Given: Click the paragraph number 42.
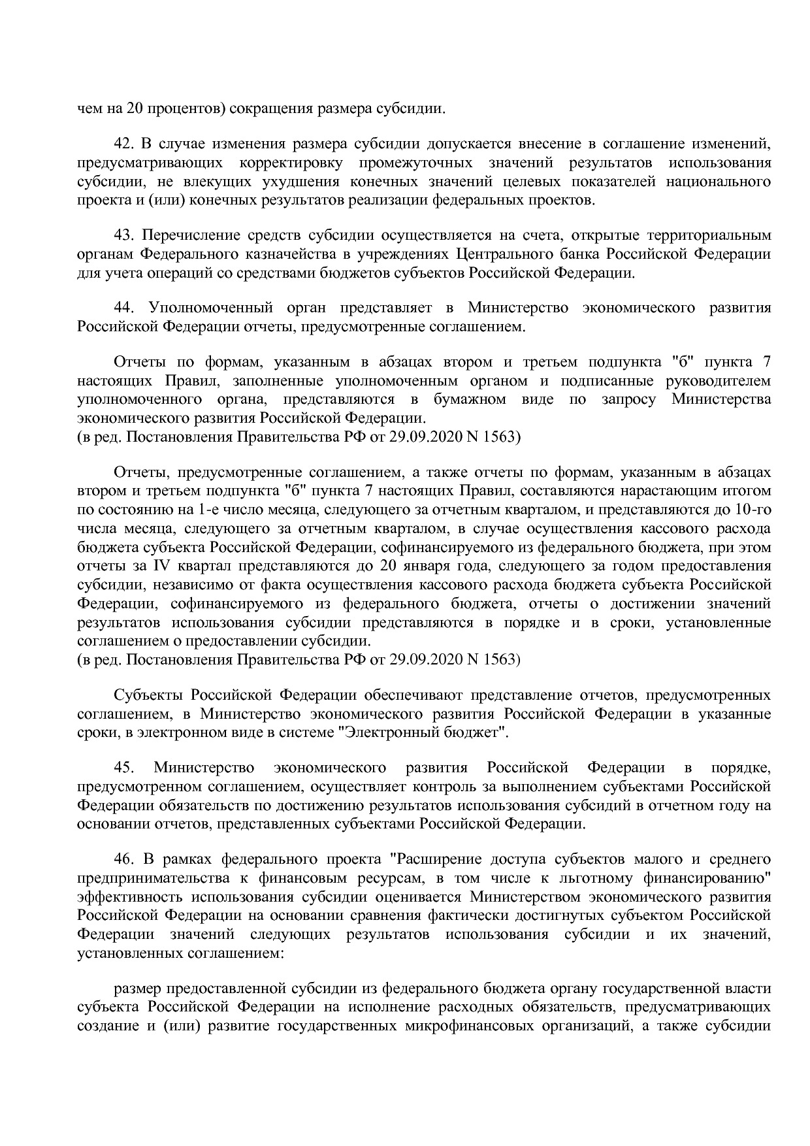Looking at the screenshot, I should [123, 144].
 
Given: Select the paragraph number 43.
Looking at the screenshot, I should [123, 235].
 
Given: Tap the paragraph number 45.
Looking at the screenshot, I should [123, 767].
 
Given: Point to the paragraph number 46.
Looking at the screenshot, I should [123, 859].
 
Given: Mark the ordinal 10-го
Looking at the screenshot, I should [753, 509].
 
